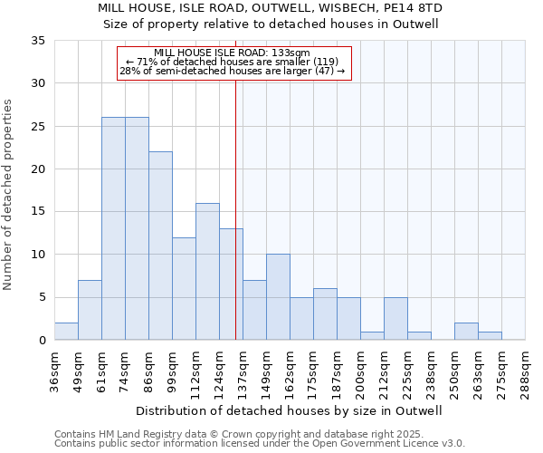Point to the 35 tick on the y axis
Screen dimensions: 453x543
point(38,41)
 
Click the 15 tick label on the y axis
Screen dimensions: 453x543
point(38,212)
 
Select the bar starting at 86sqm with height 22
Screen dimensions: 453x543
point(160,246)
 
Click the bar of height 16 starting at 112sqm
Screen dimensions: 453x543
point(207,271)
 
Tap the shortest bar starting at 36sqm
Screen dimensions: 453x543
point(66,332)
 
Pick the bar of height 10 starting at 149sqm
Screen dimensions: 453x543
point(278,297)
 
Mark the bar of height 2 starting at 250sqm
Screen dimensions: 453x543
point(466,332)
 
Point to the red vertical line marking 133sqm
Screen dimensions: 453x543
point(235,226)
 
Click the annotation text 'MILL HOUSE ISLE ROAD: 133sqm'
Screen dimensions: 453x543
point(233,53)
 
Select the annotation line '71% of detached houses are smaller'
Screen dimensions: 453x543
point(233,62)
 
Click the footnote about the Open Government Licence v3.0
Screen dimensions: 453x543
point(260,444)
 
